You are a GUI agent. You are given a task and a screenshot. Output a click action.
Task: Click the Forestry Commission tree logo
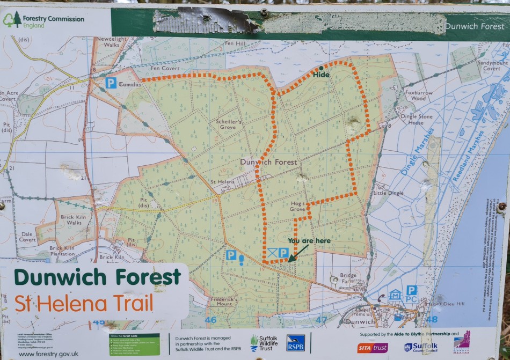pyautogui.click(x=12, y=20)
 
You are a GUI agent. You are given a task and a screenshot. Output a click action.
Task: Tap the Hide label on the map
pyautogui.click(x=321, y=75)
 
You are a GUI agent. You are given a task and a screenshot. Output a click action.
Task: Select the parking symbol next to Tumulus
pyautogui.click(x=111, y=83)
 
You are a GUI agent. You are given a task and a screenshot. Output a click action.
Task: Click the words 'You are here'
pyautogui.click(x=309, y=241)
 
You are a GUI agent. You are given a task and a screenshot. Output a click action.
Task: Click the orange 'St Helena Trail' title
pyautogui.click(x=84, y=304)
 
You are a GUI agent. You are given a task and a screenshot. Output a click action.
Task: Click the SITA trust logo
pyautogui.click(x=373, y=348)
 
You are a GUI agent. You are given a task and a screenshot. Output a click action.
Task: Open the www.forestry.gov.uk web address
pyautogui.click(x=48, y=354)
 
